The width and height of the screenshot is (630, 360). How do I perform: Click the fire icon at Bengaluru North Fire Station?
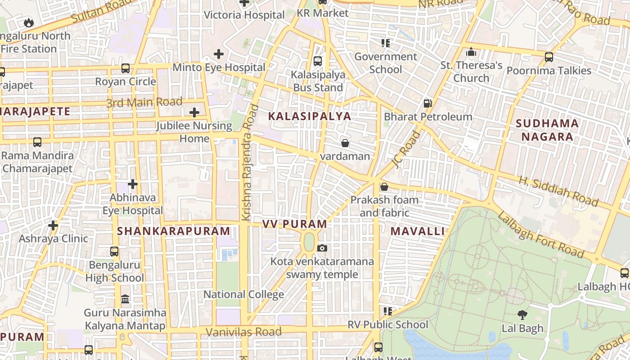[x=28, y=22]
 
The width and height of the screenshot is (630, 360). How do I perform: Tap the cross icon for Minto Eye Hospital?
[x=219, y=54]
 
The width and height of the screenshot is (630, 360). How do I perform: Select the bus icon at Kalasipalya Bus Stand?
[x=318, y=61]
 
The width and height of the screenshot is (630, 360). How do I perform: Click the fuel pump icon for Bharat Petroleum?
[x=427, y=103]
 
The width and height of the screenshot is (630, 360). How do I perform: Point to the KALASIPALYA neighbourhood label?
[x=309, y=116]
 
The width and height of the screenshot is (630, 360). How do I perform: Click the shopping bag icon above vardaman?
[x=345, y=143]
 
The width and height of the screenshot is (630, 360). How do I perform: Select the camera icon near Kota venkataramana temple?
[x=322, y=248]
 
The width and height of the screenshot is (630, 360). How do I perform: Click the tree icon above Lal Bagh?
[x=522, y=315]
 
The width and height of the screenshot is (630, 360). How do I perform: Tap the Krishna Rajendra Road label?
[x=250, y=163]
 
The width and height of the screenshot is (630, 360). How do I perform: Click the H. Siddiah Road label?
[x=558, y=191]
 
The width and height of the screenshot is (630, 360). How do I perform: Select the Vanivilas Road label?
[x=243, y=332]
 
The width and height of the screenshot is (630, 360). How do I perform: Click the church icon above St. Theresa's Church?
[x=471, y=52]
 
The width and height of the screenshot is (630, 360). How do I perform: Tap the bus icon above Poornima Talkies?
[x=549, y=57]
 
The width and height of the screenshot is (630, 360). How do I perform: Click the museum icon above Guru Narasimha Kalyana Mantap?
[x=125, y=299]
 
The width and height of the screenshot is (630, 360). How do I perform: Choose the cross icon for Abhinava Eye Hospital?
[x=133, y=184]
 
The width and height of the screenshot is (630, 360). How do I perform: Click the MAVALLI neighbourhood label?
[x=417, y=231]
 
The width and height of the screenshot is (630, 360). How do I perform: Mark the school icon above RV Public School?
[x=387, y=311]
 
